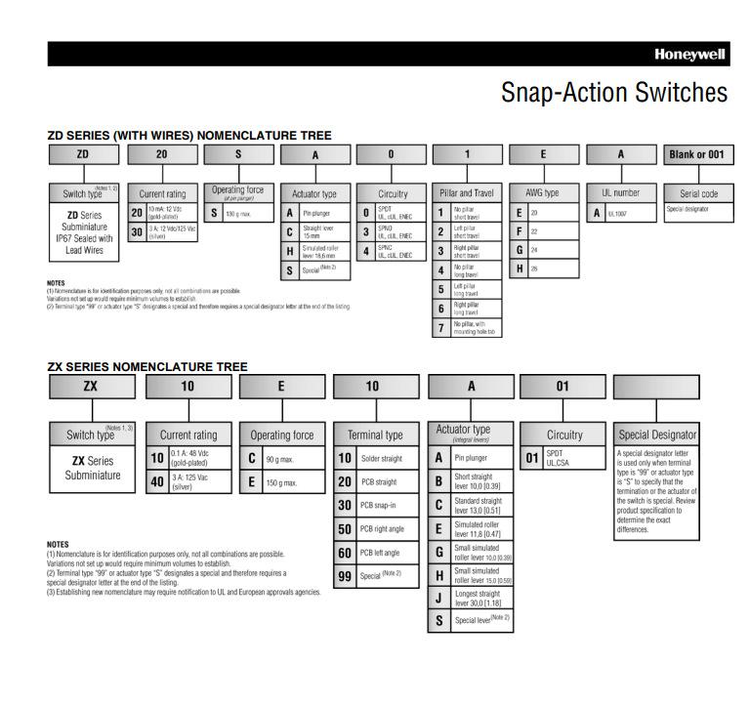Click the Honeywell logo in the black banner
point(690,55)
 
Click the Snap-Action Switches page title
point(613,93)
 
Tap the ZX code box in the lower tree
point(90,387)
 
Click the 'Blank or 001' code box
point(696,154)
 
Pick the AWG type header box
point(544,193)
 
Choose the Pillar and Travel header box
point(467,193)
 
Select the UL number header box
point(620,193)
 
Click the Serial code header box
point(696,193)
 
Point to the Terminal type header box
point(374,435)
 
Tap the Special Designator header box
point(658,435)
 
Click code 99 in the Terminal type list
point(345,575)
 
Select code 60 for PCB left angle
point(345,553)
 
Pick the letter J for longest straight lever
point(438,598)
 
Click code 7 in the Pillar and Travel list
point(440,326)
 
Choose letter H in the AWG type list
point(520,269)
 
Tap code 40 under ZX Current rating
point(156,480)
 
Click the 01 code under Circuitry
point(532,457)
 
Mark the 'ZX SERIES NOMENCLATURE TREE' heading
point(147,367)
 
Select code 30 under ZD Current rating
point(137,231)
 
